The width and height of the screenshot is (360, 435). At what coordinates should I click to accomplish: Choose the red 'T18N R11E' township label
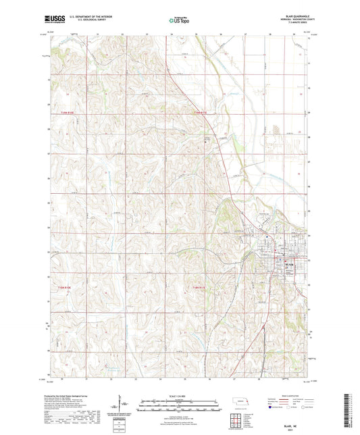click(x=201, y=288)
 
